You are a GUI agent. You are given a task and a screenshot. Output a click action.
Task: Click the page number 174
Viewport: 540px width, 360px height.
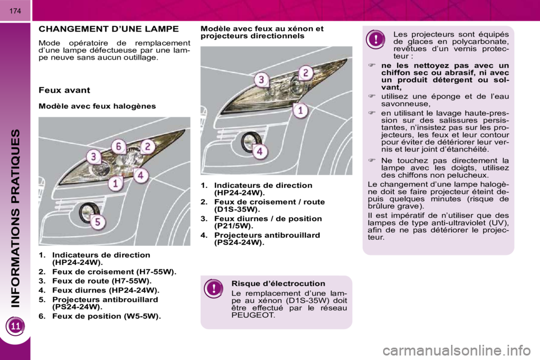(15, 11)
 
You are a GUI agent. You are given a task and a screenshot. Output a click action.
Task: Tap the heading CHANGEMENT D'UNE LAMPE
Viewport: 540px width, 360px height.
(109, 29)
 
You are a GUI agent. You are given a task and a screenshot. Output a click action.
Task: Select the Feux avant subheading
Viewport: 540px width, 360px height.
(64, 90)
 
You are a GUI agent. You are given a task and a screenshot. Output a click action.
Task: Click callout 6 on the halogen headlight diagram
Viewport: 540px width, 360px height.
(119, 147)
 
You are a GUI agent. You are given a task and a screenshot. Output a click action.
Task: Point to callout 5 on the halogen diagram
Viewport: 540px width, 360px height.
(98, 222)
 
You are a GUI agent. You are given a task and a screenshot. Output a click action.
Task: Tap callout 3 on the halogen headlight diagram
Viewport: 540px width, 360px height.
(93, 157)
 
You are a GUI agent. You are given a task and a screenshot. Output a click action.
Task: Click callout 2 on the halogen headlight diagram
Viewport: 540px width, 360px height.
(147, 147)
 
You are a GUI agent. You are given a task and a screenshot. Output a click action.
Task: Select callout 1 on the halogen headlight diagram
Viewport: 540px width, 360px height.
(116, 183)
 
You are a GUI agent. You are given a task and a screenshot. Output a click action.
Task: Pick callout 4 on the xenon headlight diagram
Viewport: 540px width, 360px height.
(260, 151)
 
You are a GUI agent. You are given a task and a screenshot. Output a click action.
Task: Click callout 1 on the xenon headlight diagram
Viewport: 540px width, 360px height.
(300, 111)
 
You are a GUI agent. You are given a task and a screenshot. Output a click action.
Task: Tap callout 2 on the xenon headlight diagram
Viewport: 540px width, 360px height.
(305, 73)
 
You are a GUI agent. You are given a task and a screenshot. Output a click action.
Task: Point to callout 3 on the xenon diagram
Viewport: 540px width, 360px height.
(262, 80)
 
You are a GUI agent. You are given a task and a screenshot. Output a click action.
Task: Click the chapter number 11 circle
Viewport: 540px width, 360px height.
(16, 326)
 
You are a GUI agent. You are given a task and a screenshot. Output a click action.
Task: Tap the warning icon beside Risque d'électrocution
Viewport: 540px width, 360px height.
(214, 289)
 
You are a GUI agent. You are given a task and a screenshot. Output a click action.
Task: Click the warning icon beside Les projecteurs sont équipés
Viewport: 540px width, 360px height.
(376, 39)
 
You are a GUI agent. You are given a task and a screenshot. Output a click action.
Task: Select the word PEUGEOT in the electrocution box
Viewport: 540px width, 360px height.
(253, 315)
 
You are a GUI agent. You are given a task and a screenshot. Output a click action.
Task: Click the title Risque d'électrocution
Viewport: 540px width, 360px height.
(278, 283)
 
